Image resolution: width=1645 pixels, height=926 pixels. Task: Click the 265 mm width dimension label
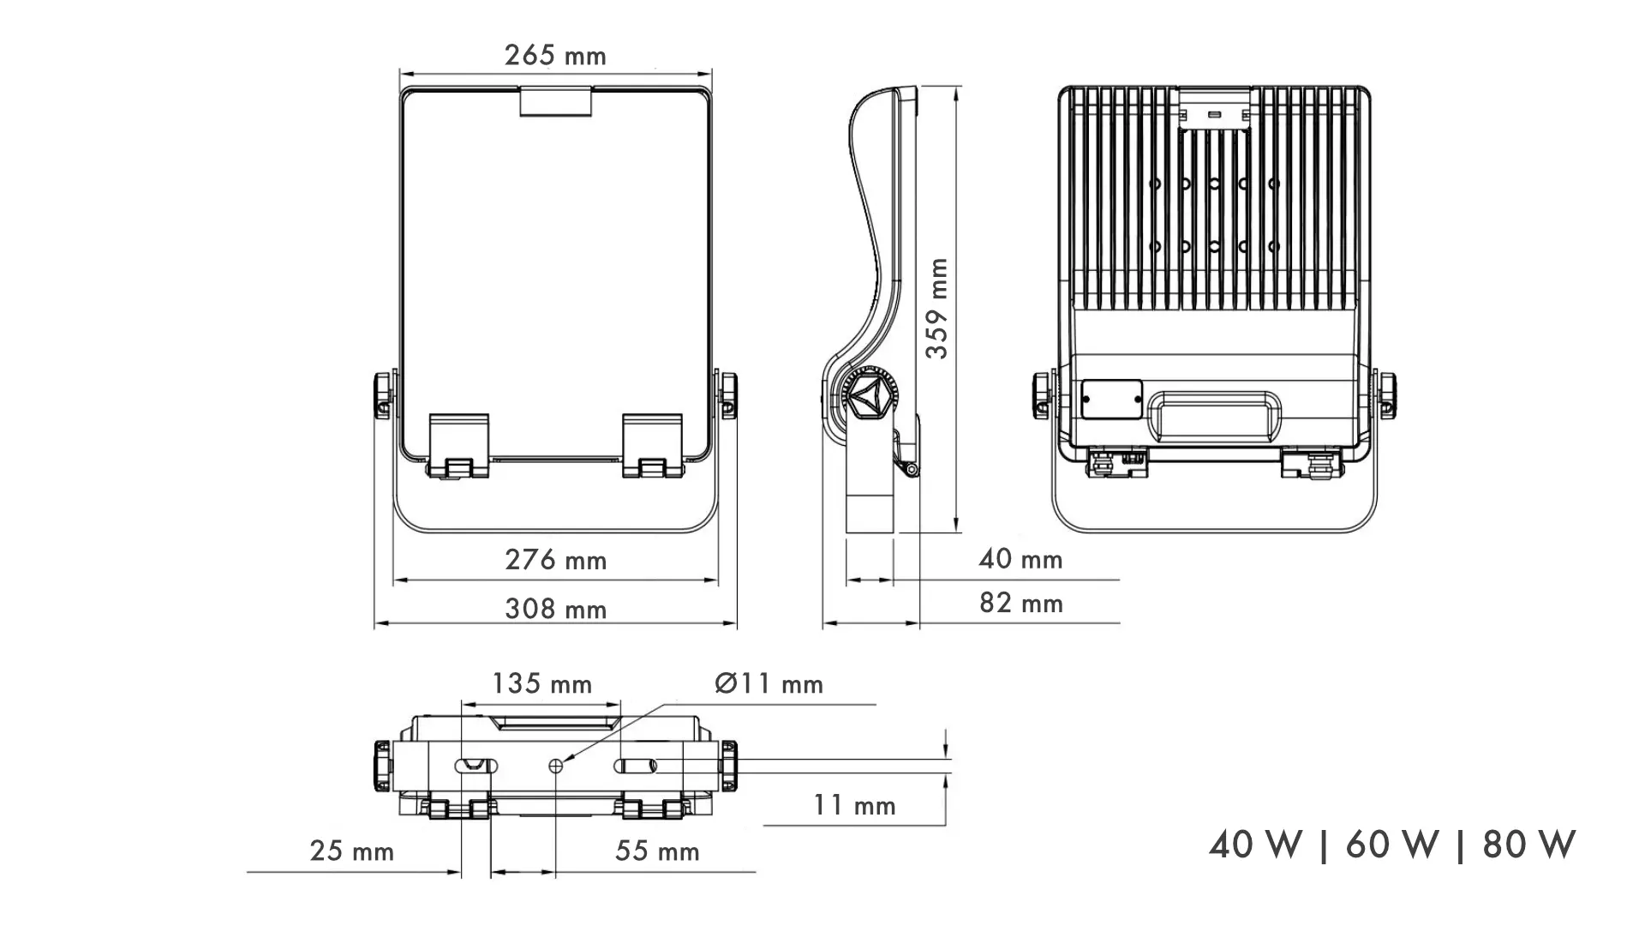555,56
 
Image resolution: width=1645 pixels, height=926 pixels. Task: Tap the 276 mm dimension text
555,561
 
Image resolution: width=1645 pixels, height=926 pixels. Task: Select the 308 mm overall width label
555,610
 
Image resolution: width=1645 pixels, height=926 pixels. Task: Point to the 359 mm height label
938,308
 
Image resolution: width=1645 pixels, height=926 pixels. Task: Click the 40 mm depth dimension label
1020,560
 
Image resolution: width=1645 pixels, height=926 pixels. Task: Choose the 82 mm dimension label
1020,604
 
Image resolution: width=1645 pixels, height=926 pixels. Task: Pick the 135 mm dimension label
541,684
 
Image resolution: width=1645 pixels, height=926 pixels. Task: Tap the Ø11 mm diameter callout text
769,684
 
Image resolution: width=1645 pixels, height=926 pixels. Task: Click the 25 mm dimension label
352,851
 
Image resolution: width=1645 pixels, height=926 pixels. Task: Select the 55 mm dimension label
657,851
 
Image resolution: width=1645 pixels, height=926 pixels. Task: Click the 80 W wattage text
1528,845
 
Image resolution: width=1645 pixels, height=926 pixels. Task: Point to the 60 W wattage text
1391,845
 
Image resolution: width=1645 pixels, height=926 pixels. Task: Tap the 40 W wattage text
1255,845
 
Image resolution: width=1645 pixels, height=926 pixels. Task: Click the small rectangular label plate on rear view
1111,400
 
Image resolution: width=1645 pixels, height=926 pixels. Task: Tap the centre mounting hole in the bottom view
556,766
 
